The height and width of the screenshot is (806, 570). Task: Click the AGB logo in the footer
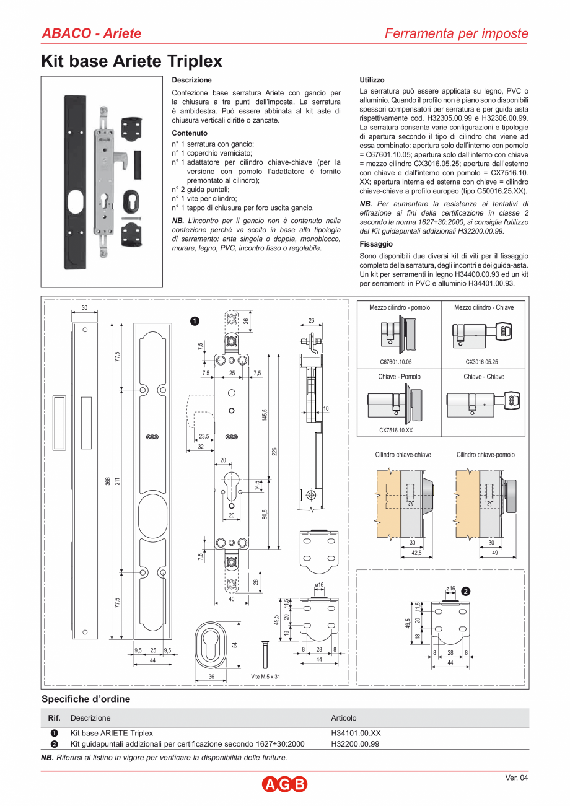pos(284,785)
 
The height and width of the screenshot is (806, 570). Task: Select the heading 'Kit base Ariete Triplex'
pos(131,61)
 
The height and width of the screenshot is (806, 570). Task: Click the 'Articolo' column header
pos(344,718)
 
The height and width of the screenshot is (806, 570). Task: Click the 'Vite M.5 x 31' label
pos(266,677)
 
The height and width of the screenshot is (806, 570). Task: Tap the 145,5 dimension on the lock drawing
pos(265,416)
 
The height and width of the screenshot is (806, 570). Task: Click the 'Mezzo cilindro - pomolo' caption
pos(399,307)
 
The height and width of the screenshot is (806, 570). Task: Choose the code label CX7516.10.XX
pos(396,429)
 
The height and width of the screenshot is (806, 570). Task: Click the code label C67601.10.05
pos(395,361)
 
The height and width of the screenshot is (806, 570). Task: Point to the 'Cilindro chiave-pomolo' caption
pos(485,455)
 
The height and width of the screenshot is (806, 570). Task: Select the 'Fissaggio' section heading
pos(375,244)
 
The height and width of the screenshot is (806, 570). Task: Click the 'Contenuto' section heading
pos(190,133)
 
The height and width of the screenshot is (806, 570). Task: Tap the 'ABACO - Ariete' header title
pos(91,33)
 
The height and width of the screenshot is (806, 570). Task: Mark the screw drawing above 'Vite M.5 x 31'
pos(265,654)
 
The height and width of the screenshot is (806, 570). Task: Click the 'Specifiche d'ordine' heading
pos(85,699)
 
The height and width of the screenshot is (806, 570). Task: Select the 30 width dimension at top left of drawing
pos(85,308)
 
